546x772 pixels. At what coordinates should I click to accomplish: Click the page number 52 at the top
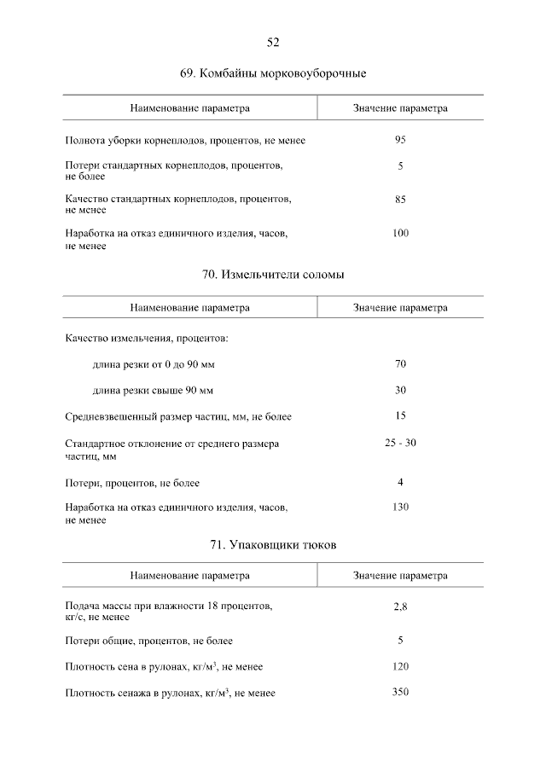point(273,42)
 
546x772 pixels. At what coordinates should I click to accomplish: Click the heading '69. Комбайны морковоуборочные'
point(273,74)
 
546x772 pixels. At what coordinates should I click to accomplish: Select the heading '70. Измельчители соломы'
point(273,275)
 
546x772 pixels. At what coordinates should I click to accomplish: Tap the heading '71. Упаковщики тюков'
point(273,545)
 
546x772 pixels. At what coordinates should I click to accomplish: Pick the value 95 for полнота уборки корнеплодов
point(400,139)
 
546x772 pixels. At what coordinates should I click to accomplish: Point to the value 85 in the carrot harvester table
point(400,200)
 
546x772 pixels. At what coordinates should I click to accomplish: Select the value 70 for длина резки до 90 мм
point(400,364)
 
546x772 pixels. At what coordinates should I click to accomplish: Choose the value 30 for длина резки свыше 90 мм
point(400,391)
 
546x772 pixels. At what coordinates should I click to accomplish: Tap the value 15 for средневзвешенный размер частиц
point(400,416)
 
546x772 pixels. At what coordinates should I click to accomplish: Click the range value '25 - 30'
point(400,443)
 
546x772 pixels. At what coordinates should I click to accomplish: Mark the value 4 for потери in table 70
point(400,482)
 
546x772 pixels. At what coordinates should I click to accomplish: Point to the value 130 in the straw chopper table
point(400,508)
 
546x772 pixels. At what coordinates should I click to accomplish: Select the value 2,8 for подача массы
point(400,607)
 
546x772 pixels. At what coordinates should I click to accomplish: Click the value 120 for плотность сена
point(400,666)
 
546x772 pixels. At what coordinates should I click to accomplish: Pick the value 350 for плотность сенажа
point(400,692)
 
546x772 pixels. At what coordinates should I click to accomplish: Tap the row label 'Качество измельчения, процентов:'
point(146,339)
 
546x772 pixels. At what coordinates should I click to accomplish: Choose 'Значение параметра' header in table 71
point(400,576)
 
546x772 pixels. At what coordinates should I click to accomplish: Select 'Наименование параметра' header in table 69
point(189,108)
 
